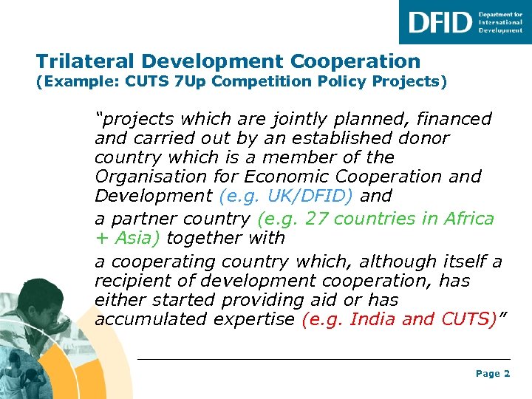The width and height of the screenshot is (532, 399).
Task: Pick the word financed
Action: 454,119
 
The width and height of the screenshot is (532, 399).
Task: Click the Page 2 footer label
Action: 492,374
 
